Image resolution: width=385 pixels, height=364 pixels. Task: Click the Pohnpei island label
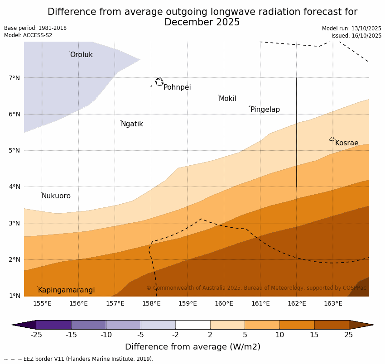(177, 87)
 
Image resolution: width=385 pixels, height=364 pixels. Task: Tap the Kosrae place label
(346, 143)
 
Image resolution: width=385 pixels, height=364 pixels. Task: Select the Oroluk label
(81, 55)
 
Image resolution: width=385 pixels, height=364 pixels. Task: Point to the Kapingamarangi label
(66, 290)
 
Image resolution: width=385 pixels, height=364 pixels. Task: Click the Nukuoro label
(56, 196)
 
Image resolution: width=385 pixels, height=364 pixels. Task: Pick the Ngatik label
(132, 124)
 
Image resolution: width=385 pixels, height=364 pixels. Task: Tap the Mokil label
(227, 99)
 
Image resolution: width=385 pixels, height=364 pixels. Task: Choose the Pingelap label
(265, 110)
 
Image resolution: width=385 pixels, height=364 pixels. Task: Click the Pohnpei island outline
(159, 82)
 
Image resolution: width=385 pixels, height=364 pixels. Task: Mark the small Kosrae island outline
(332, 139)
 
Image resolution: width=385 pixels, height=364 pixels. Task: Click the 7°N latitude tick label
(14, 78)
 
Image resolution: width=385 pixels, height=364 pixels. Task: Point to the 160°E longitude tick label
(224, 303)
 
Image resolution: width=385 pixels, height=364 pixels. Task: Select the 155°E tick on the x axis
(42, 303)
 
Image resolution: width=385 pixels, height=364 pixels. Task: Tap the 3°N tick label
(14, 223)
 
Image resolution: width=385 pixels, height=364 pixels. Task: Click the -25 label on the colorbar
(36, 335)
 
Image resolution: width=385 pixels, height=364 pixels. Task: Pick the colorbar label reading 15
(314, 335)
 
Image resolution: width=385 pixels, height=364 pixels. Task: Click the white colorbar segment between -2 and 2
(192, 325)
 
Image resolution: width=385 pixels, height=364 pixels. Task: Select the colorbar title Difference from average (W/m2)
(192, 347)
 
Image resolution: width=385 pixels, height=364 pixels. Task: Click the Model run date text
(351, 29)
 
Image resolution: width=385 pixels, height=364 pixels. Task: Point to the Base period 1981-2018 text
(35, 28)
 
